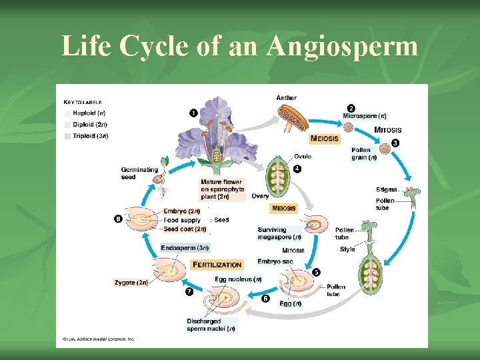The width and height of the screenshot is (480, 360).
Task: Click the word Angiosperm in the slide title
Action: point(342,46)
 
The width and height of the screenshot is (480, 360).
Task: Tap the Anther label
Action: point(286,98)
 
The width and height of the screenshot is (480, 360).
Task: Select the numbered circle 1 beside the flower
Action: point(193,113)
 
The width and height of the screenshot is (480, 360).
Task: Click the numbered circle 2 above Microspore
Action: point(351,108)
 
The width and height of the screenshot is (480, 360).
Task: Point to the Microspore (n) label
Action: point(364,116)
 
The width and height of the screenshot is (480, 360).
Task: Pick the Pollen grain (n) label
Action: point(364,154)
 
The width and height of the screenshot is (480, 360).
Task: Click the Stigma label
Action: point(386,190)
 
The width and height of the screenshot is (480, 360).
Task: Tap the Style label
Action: point(347,249)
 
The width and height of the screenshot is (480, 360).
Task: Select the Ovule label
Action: point(302,157)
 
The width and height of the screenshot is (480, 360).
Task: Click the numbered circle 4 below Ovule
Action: point(297,169)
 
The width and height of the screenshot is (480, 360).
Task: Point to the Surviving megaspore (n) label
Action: point(279,233)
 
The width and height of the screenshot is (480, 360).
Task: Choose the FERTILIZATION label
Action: point(217,265)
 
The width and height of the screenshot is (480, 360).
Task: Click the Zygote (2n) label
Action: point(131,283)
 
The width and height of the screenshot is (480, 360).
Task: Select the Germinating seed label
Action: point(139,173)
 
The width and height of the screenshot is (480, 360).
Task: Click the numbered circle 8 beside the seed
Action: point(118,219)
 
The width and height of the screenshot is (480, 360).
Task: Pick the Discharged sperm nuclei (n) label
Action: point(210,325)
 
